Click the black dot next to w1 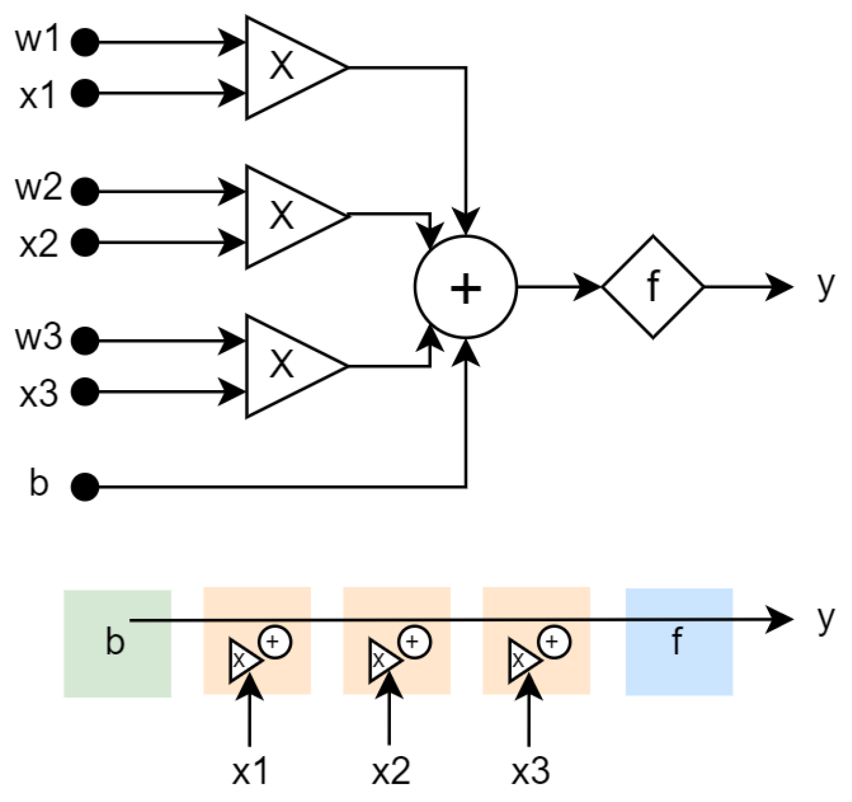coord(85,42)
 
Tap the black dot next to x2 coord(85,243)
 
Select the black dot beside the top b coord(85,486)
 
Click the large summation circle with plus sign coord(465,287)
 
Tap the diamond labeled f coord(653,287)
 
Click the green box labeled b coord(117,644)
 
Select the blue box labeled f coord(679,642)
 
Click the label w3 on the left coord(38,337)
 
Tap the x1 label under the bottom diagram coord(250,771)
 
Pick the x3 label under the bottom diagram coord(530,771)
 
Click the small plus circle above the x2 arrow coord(414,641)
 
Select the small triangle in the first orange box coord(242,660)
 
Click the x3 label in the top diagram coord(38,394)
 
